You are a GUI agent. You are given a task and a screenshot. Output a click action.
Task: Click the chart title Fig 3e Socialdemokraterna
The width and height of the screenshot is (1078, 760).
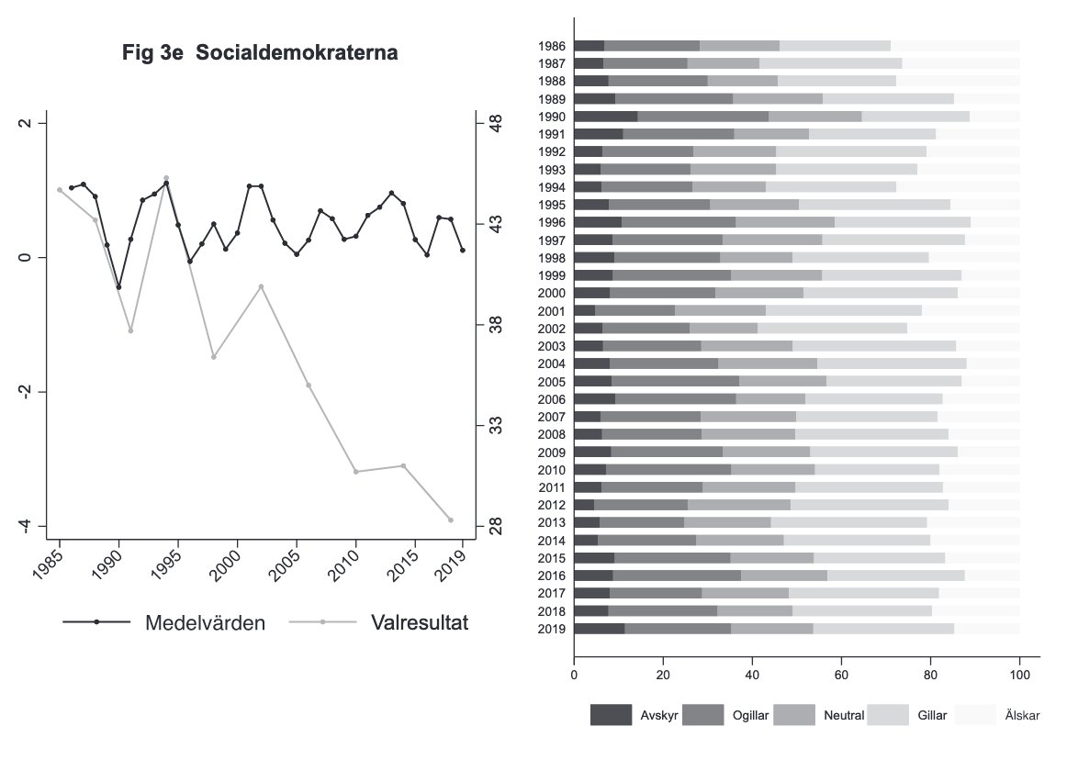[260, 54]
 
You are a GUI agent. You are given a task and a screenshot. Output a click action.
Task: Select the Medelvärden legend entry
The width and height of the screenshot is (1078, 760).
[205, 622]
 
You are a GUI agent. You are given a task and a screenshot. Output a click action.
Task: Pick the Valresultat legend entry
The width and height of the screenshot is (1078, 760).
[420, 622]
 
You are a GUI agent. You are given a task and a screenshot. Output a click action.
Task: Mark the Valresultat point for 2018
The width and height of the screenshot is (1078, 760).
[451, 520]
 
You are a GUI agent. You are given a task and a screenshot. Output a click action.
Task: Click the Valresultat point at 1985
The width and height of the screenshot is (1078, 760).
[60, 190]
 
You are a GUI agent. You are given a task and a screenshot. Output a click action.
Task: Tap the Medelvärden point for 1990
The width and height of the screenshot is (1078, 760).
[118, 287]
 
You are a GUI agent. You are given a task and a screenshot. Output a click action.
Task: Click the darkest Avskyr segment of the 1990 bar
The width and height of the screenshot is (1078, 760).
[605, 117]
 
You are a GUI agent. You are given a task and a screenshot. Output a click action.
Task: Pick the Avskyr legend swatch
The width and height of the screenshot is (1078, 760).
[611, 715]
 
